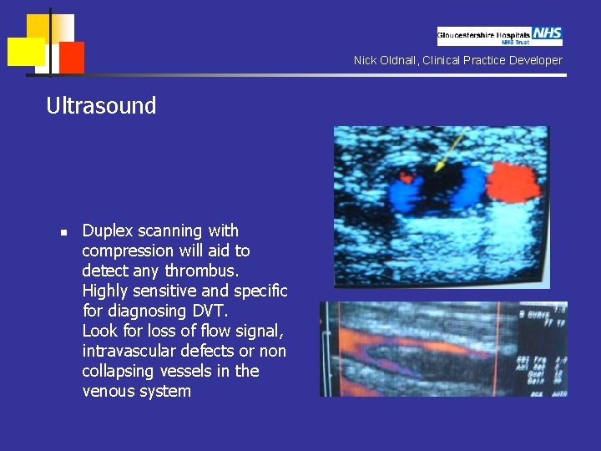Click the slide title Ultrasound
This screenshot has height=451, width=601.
pos(101,106)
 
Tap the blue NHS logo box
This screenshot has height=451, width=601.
pos(548,33)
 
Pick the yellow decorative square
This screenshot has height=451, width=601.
pos(26,51)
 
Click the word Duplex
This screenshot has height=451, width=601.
pos(109,231)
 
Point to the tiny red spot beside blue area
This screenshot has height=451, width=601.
pos(407,177)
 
